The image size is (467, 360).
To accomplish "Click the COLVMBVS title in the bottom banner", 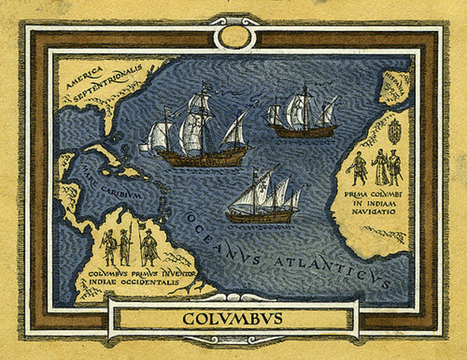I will [x=232, y=319].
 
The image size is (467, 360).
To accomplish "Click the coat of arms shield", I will [x=394, y=132].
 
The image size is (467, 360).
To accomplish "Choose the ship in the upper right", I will [x=303, y=114].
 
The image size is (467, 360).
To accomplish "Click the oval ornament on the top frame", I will [x=233, y=36].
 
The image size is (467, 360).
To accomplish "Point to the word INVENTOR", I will [x=175, y=276].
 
